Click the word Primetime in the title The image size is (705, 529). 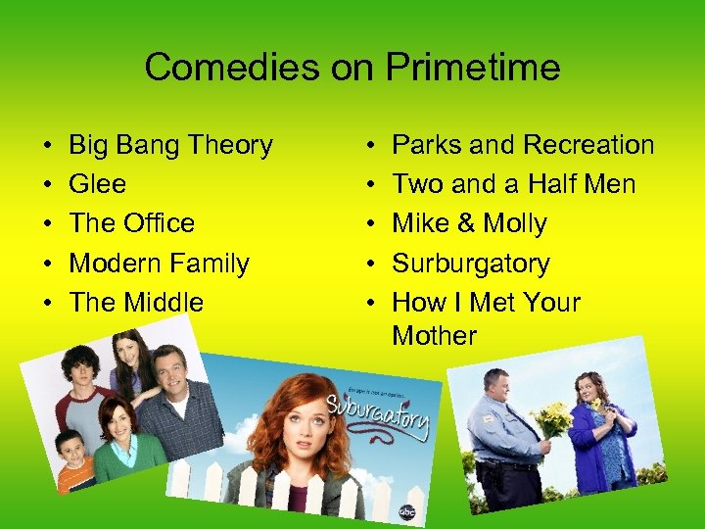click(x=473, y=68)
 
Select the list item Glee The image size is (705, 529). click(x=97, y=184)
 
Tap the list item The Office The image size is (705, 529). click(x=131, y=223)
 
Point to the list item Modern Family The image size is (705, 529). click(x=159, y=264)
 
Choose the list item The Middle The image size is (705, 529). click(x=136, y=303)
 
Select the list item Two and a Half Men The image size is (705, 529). click(x=513, y=184)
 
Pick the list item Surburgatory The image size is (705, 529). click(x=470, y=264)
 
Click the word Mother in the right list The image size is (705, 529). click(x=434, y=335)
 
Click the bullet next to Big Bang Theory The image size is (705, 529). click(x=46, y=146)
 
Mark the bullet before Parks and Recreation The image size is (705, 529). click(x=369, y=146)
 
